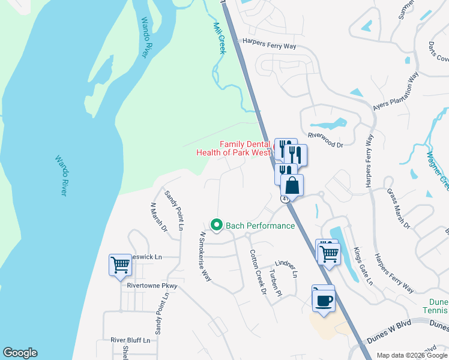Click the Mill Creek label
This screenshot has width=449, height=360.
[x=219, y=38]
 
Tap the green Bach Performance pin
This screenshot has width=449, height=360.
[x=217, y=226]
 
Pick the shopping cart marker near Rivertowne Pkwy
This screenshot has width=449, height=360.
[x=120, y=264]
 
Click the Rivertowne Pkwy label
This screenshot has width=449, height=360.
[x=152, y=286]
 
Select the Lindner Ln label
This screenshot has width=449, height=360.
[x=286, y=268]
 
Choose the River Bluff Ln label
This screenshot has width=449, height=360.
[x=130, y=340]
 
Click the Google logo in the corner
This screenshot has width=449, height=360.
[x=20, y=353]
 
